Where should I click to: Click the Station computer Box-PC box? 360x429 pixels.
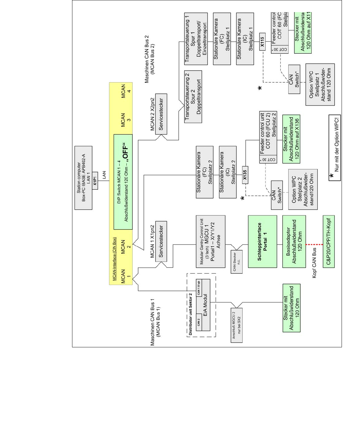(83, 178)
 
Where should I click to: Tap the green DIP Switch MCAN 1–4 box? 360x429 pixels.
(123, 182)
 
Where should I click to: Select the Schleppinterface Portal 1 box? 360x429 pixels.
(262, 242)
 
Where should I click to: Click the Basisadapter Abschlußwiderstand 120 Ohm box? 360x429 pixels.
(294, 242)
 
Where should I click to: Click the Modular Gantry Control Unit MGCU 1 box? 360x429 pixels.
(210, 242)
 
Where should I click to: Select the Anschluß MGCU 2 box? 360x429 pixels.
(237, 325)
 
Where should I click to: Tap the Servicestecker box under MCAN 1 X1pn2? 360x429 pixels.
(161, 242)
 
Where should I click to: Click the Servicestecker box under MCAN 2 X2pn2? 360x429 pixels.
(161, 114)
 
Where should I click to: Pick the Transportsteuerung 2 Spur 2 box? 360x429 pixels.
(193, 96)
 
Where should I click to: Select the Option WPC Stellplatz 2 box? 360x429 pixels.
(303, 189)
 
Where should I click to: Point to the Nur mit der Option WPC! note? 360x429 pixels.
(335, 148)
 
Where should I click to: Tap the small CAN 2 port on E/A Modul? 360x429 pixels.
(199, 322)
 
